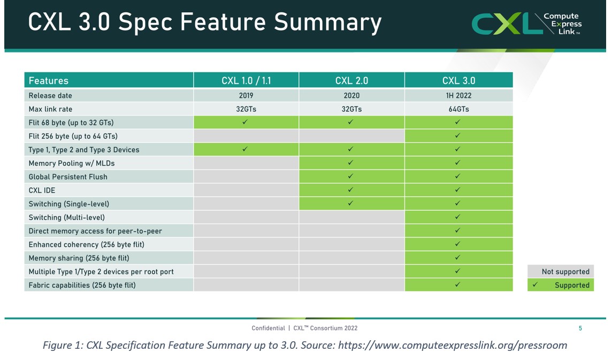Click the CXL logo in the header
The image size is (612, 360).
(x=526, y=24)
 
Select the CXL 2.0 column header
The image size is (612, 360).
(x=351, y=81)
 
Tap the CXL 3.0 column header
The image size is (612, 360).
(x=458, y=81)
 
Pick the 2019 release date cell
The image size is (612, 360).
(x=246, y=96)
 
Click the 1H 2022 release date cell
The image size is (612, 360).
(x=458, y=96)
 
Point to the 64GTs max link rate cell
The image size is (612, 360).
(x=458, y=109)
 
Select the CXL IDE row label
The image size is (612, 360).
(x=42, y=190)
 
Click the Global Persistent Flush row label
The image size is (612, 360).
(x=68, y=177)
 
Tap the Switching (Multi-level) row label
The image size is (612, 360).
(x=67, y=218)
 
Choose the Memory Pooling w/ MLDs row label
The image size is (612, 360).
(x=72, y=163)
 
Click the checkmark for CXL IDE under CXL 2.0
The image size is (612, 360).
(x=351, y=190)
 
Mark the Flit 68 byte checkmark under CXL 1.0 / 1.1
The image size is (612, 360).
(x=245, y=122)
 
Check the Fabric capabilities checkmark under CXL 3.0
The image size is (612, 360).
(x=458, y=285)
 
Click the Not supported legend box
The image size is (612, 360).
(x=561, y=272)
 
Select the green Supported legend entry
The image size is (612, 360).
(x=561, y=285)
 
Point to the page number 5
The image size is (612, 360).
(x=580, y=328)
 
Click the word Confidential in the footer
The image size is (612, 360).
(x=268, y=328)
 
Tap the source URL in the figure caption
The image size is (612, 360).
(x=453, y=346)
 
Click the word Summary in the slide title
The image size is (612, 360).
(x=327, y=22)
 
